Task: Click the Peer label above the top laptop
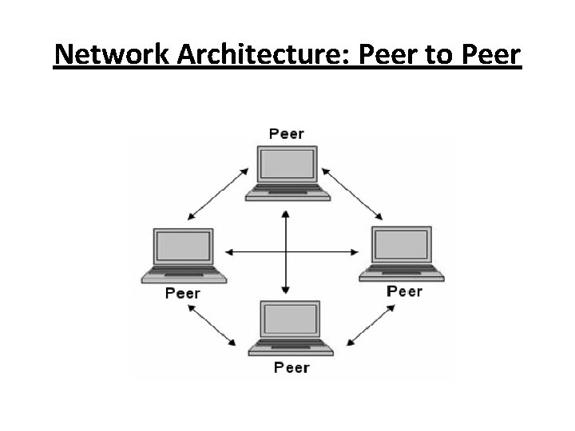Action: [x=286, y=133]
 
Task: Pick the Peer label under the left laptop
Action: [x=182, y=293]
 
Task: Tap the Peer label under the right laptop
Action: [x=404, y=291]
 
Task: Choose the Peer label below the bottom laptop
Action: [x=291, y=367]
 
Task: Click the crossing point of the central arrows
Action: [x=285, y=252]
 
